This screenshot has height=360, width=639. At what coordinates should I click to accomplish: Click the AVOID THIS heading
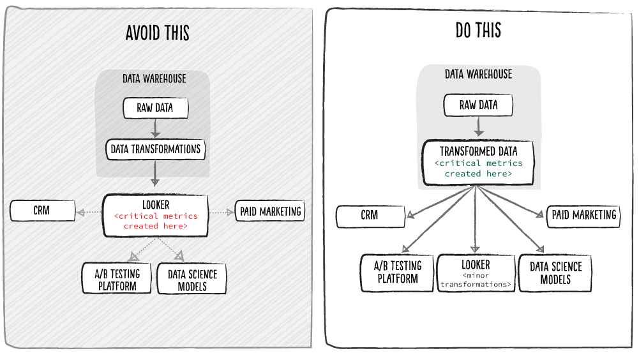coord(157,33)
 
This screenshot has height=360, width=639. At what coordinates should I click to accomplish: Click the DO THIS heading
coord(478,30)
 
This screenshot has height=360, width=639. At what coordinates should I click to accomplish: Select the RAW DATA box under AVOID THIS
coord(155,108)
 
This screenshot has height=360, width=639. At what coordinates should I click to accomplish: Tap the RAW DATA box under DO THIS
coord(478,105)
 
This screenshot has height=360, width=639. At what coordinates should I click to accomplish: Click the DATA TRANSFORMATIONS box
coord(155,150)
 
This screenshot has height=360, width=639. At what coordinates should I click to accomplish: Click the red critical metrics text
coord(156,221)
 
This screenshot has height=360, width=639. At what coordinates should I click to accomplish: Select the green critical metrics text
coord(478,169)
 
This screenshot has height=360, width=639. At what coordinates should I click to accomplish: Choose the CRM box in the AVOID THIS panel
coord(41,210)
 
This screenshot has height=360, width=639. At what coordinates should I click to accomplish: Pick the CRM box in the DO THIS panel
coord(369,216)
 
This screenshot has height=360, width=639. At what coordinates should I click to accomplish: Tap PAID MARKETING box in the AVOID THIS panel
coord(270,211)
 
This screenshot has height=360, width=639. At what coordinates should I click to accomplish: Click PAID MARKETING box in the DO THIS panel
coord(583,215)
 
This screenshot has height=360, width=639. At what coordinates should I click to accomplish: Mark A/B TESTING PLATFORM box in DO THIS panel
coord(397,273)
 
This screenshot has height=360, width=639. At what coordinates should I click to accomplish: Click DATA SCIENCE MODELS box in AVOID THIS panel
coord(192,280)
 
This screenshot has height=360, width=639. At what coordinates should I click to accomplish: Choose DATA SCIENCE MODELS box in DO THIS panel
coord(555,273)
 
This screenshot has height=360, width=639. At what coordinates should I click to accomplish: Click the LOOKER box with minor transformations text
coord(476,273)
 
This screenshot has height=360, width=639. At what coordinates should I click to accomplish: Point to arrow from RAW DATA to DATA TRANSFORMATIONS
coord(155,128)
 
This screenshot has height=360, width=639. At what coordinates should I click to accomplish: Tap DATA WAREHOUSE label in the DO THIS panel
coord(478,75)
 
